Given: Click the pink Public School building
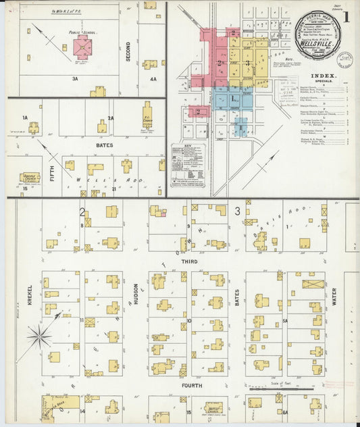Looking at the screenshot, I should [x=82, y=47].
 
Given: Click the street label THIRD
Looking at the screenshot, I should [x=190, y=261].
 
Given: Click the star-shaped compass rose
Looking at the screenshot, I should [x=40, y=336].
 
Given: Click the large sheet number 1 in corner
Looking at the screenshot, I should [x=345, y=18].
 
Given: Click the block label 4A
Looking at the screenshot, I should [x=153, y=79].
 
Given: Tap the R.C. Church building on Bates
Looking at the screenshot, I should [x=147, y=116].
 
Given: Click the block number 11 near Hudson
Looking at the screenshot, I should [x=80, y=320].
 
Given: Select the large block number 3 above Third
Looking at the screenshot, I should [x=237, y=212].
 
